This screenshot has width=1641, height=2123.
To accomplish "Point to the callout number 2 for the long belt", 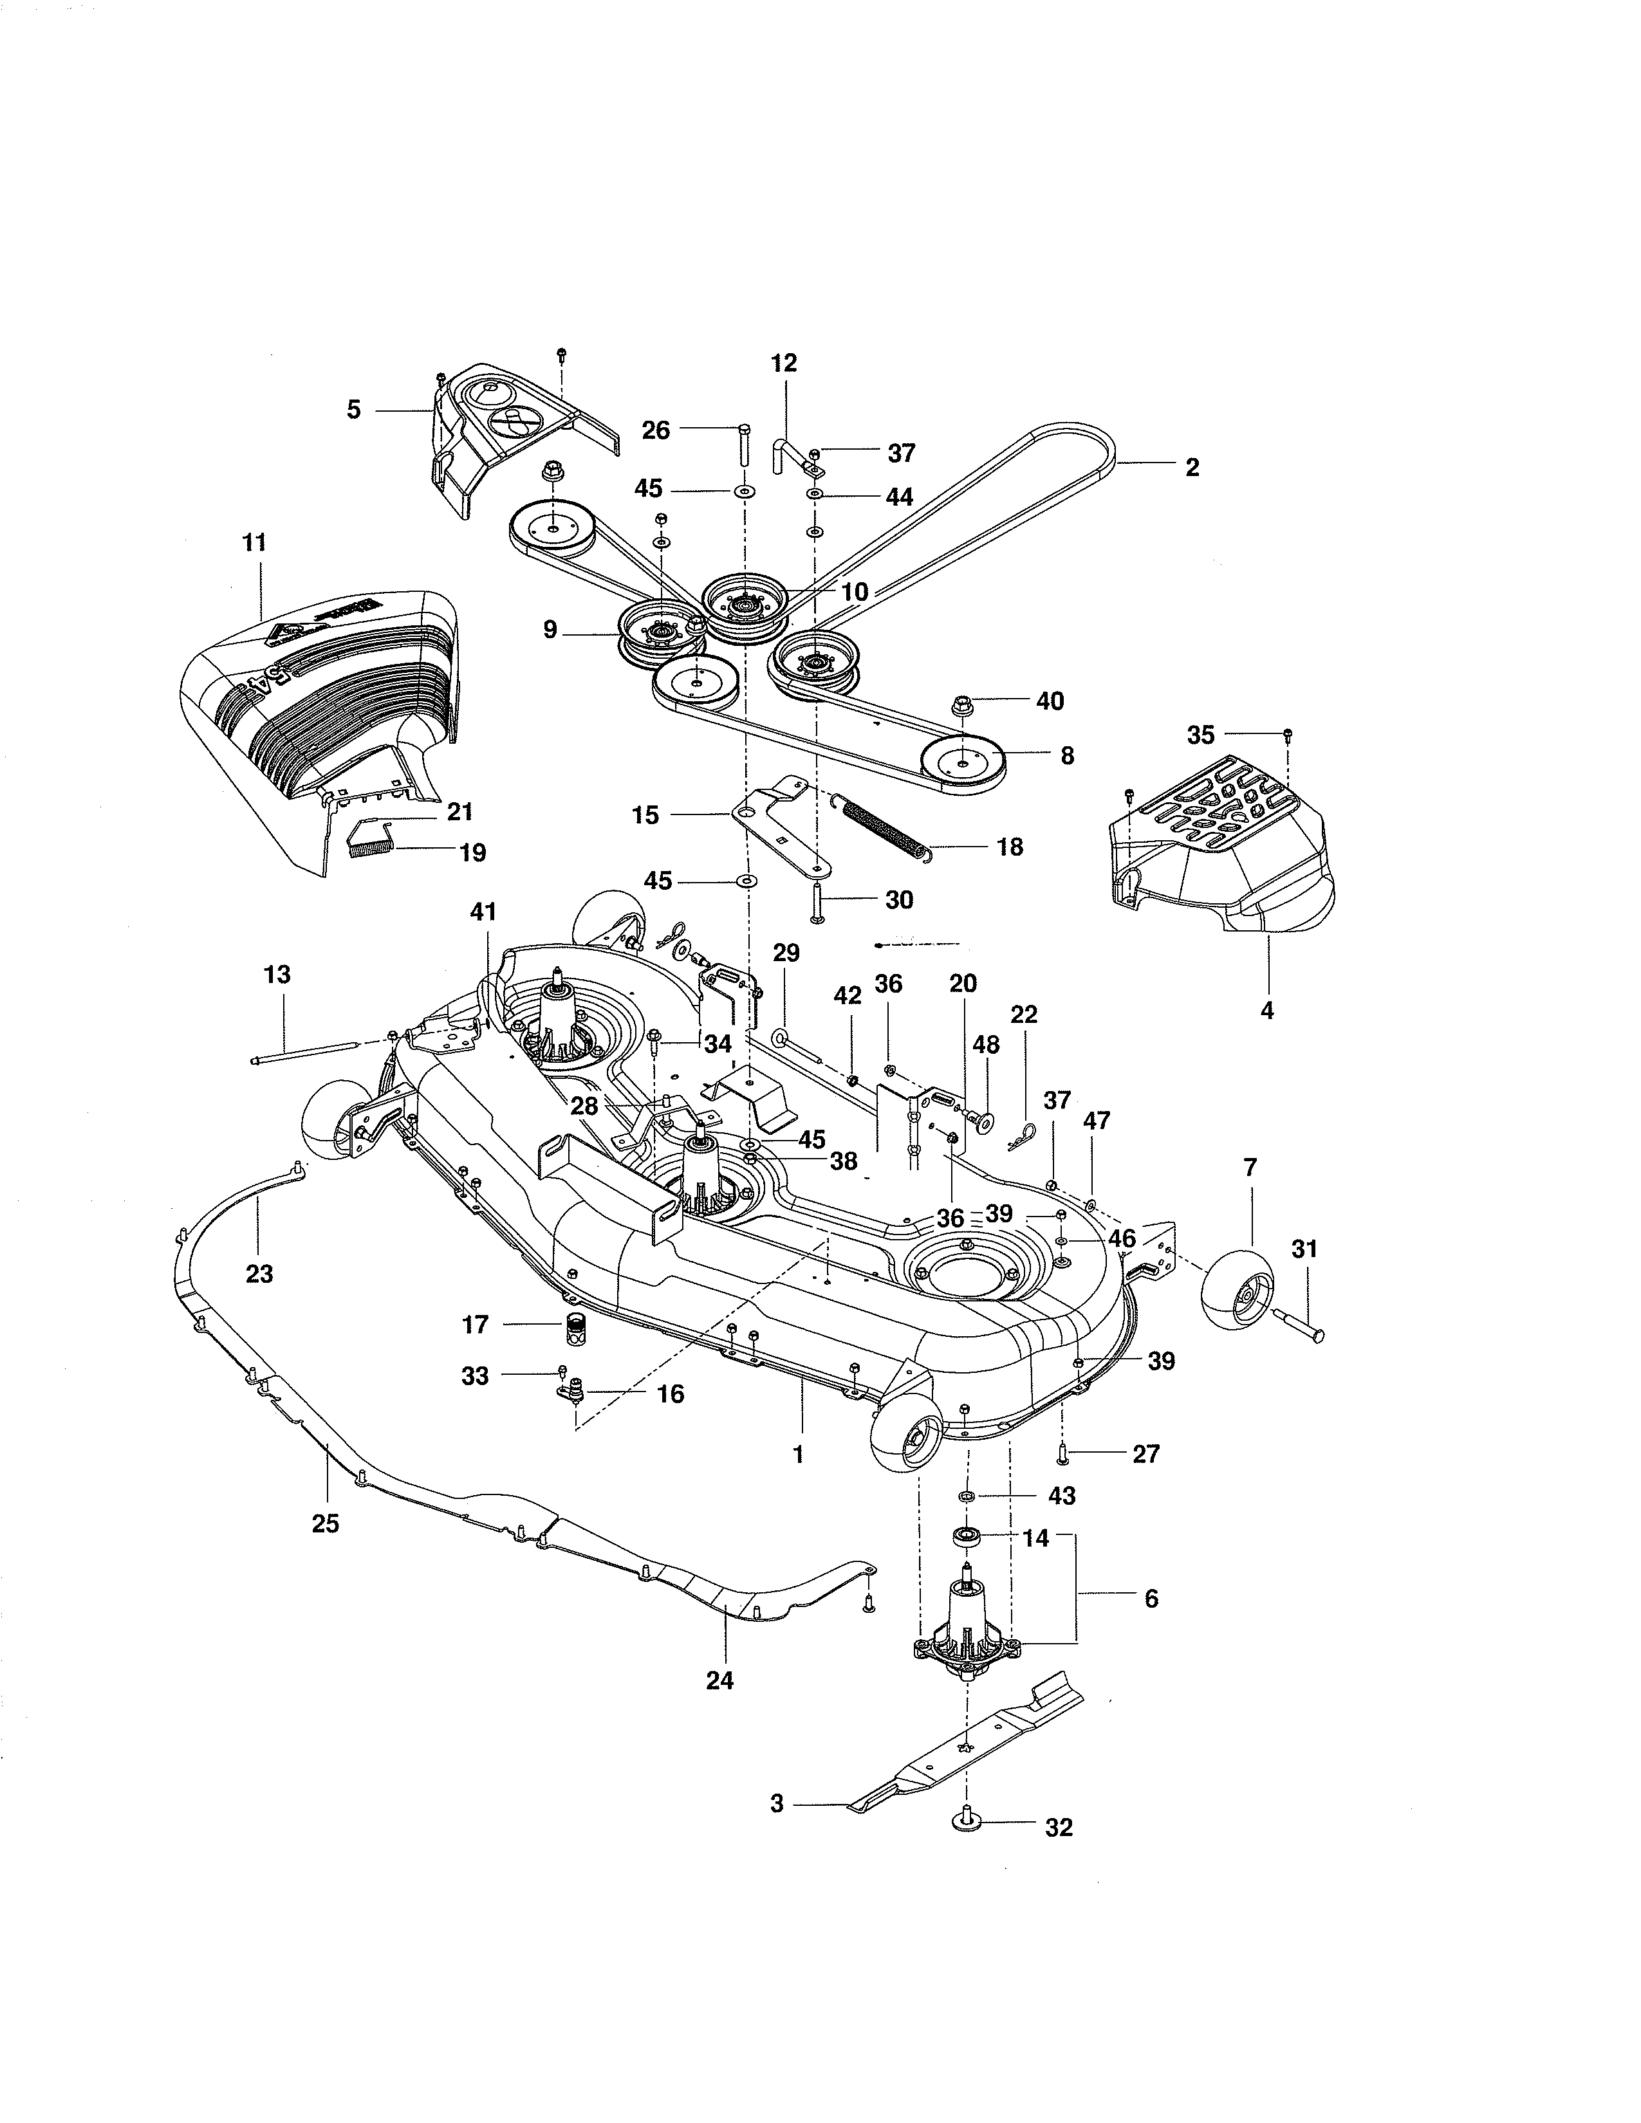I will click(x=1192, y=468).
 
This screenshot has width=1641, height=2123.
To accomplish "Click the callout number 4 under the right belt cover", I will click(x=1266, y=1011).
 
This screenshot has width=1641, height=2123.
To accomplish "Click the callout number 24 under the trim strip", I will click(x=719, y=1680).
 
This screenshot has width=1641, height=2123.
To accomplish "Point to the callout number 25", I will click(x=325, y=1524).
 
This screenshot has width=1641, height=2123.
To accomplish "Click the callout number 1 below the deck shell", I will click(x=799, y=1456).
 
